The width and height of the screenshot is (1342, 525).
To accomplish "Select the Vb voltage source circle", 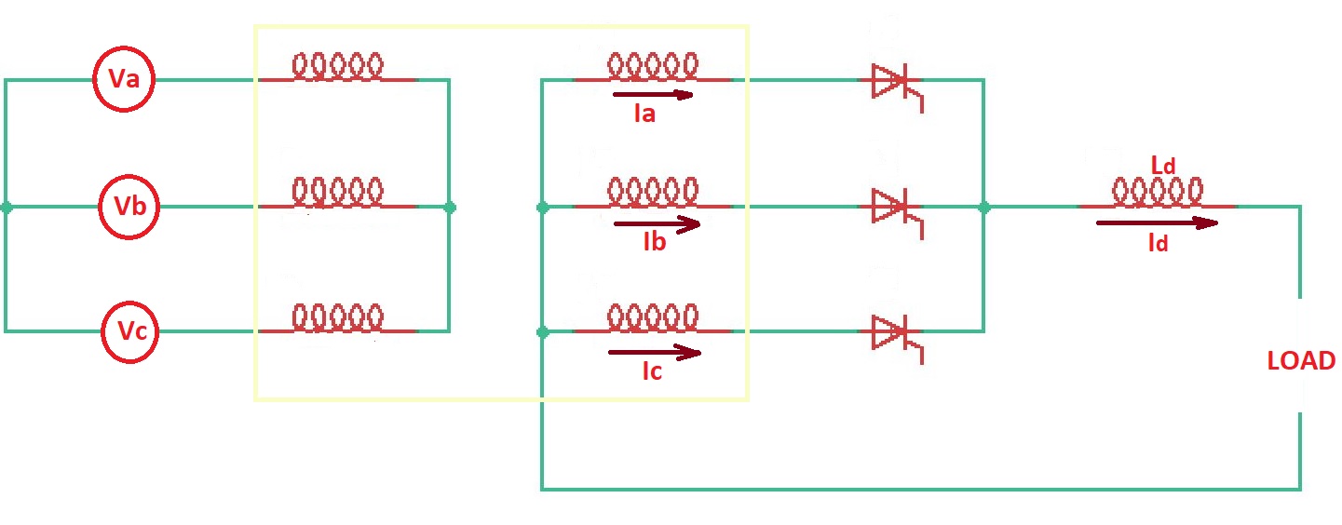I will [130, 206].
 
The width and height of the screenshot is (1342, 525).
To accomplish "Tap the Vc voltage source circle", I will [130, 330].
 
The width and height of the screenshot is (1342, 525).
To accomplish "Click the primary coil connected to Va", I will [337, 67].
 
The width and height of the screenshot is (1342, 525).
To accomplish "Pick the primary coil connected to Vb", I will [337, 193].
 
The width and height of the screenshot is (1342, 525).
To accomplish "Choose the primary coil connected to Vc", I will [337, 318].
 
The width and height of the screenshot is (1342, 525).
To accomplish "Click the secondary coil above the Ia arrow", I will [653, 67].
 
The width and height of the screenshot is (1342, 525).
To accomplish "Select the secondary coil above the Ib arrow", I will [653, 193].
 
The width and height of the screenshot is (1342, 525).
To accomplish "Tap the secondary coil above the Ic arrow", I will [653, 318].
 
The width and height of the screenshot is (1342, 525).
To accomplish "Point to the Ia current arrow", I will [653, 94].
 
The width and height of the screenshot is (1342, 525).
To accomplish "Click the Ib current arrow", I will [657, 224].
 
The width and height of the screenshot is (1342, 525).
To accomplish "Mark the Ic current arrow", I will [654, 352].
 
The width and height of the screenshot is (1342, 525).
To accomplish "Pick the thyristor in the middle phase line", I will [892, 208].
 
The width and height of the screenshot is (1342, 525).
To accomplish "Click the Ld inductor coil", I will [1156, 193].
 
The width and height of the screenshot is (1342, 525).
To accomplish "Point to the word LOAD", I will [1301, 361].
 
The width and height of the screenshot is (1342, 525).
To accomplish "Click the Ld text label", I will [1163, 166].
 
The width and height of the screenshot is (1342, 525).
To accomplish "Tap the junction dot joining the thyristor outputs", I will [984, 208].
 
